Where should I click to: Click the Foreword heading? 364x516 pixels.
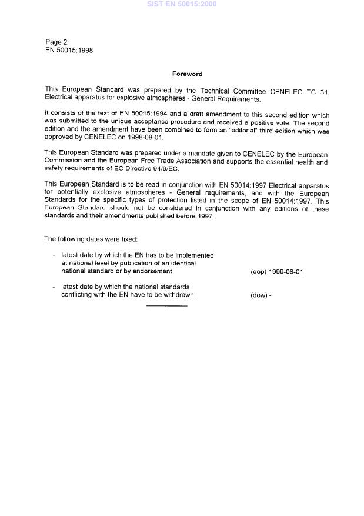click(187, 74)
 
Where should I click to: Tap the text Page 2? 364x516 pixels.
click(56, 42)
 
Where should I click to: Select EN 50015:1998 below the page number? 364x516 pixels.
click(69, 51)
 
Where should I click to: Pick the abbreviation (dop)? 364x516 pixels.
click(259, 272)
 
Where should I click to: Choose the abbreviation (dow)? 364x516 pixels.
click(259, 295)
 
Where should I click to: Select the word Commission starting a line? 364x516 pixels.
click(64, 161)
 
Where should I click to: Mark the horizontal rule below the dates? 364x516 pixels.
click(166, 306)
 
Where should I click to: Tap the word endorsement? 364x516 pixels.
click(152, 272)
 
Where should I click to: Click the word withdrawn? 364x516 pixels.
click(174, 295)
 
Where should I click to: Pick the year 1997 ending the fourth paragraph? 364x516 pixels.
click(205, 216)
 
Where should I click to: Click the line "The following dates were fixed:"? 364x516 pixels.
click(91, 239)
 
